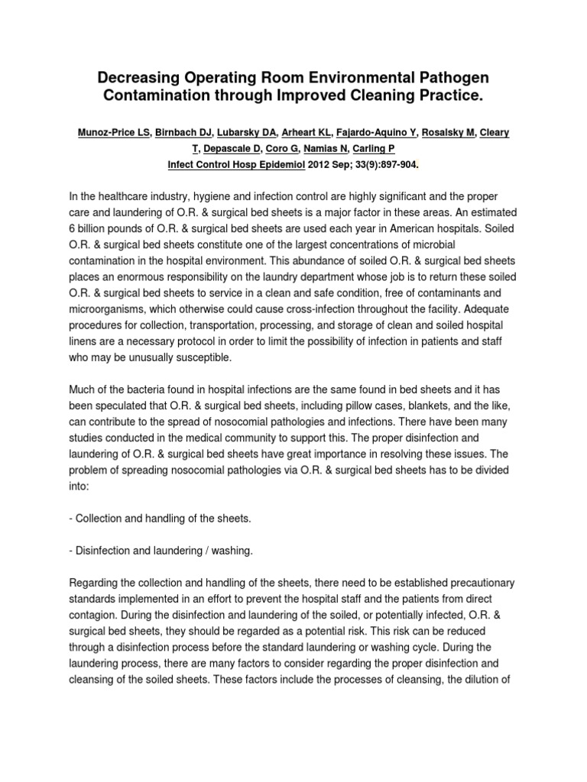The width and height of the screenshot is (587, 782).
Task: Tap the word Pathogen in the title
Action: pos(449,79)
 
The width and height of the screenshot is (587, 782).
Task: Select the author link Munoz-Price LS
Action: pos(114,133)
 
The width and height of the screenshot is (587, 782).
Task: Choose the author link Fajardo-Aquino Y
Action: pos(372,133)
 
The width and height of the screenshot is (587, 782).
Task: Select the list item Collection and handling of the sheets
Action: pos(160,518)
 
